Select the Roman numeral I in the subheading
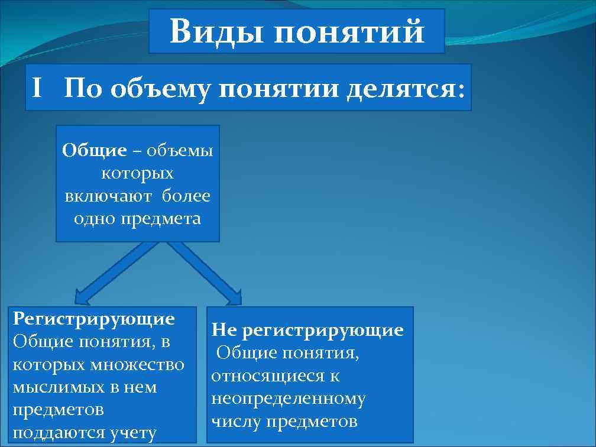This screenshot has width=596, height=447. [37, 89]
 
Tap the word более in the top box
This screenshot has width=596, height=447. [186, 196]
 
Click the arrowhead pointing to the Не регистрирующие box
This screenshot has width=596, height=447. [234, 296]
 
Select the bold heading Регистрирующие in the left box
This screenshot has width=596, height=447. [93, 319]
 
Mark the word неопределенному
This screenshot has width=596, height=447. [289, 399]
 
